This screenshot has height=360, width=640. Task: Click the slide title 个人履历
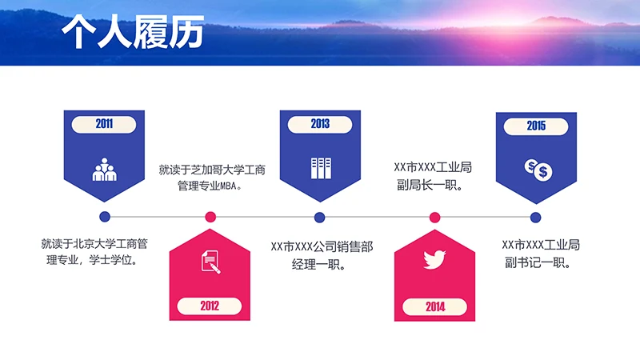point(133,34)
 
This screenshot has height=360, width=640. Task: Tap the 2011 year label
point(104,124)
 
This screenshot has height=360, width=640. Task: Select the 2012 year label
point(210,306)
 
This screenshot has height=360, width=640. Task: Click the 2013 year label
point(320,124)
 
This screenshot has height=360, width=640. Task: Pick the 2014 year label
point(435,306)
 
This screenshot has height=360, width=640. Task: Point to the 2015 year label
point(536,125)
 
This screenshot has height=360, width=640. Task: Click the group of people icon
point(104,169)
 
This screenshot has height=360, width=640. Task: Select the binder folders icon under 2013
point(320,168)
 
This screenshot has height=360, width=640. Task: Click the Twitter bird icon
point(434,260)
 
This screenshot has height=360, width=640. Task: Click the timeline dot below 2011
point(104,217)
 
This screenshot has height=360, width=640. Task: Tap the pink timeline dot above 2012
point(210,217)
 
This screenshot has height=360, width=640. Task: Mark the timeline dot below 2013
point(320,217)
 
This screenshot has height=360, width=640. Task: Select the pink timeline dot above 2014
point(435,217)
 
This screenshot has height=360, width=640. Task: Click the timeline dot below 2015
point(536,217)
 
